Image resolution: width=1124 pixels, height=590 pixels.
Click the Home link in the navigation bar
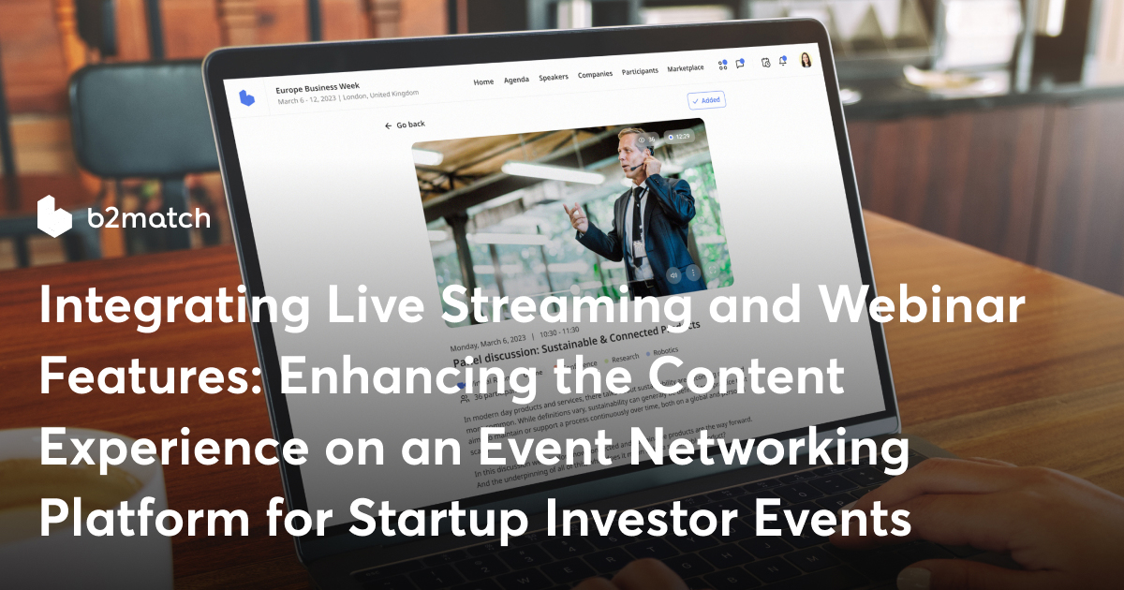point(483,82)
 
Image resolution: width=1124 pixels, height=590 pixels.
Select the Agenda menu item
point(516,80)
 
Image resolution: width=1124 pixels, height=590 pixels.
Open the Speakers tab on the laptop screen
point(554,77)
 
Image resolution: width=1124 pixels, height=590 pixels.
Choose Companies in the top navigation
point(595,74)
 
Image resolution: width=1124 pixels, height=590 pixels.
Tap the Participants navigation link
point(640,70)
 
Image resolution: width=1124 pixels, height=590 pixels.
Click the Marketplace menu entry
point(686,67)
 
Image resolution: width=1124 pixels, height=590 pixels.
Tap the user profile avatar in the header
point(805,60)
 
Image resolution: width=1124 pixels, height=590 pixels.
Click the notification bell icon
point(782,61)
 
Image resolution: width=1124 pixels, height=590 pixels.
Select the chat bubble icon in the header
point(740,64)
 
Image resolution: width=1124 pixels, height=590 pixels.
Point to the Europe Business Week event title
point(318,87)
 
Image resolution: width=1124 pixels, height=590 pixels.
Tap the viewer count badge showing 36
point(646,140)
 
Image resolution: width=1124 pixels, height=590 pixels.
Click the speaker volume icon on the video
point(673,274)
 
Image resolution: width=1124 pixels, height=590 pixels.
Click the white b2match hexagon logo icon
point(54,216)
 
